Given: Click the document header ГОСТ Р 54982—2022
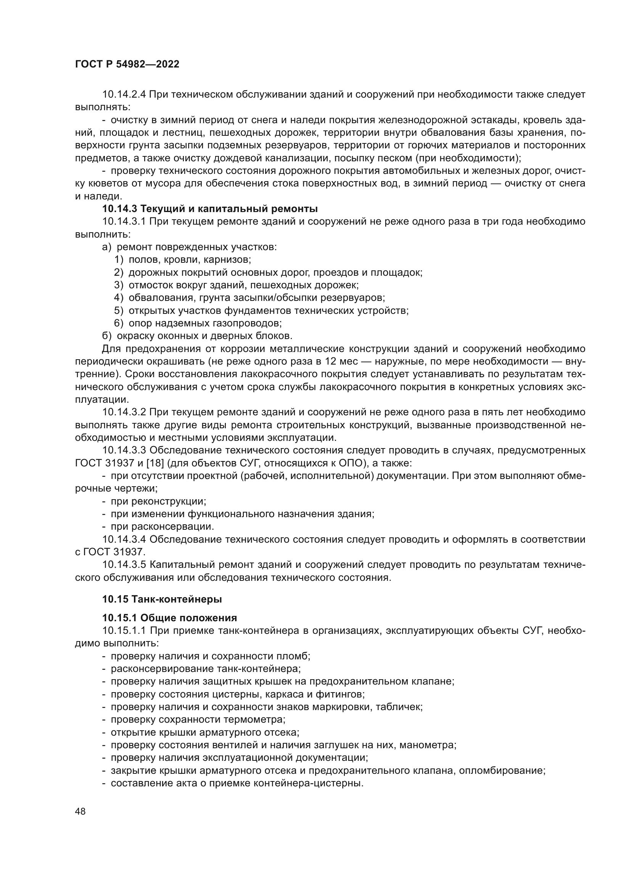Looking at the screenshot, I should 127,64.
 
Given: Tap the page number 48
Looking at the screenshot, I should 80,811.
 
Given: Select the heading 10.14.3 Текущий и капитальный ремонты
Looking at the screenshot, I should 210,209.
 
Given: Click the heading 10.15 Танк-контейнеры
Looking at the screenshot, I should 162,599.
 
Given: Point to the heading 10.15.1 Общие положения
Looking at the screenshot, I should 169,618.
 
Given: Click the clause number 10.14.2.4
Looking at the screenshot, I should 124,95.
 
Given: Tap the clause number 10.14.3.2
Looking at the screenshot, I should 124,412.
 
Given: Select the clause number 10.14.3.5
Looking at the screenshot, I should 124,564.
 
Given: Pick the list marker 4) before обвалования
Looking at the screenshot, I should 119,298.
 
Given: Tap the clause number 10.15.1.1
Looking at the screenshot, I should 124,630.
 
